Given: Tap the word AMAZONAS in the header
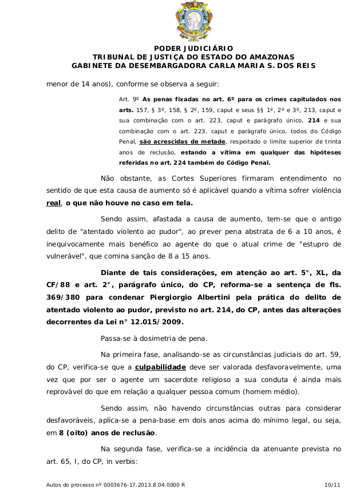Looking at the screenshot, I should [270, 57].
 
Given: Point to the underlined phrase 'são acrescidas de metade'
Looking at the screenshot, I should [183, 141].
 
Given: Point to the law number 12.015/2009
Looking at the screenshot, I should [161, 322].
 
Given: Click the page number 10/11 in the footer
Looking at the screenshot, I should [332, 485].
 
